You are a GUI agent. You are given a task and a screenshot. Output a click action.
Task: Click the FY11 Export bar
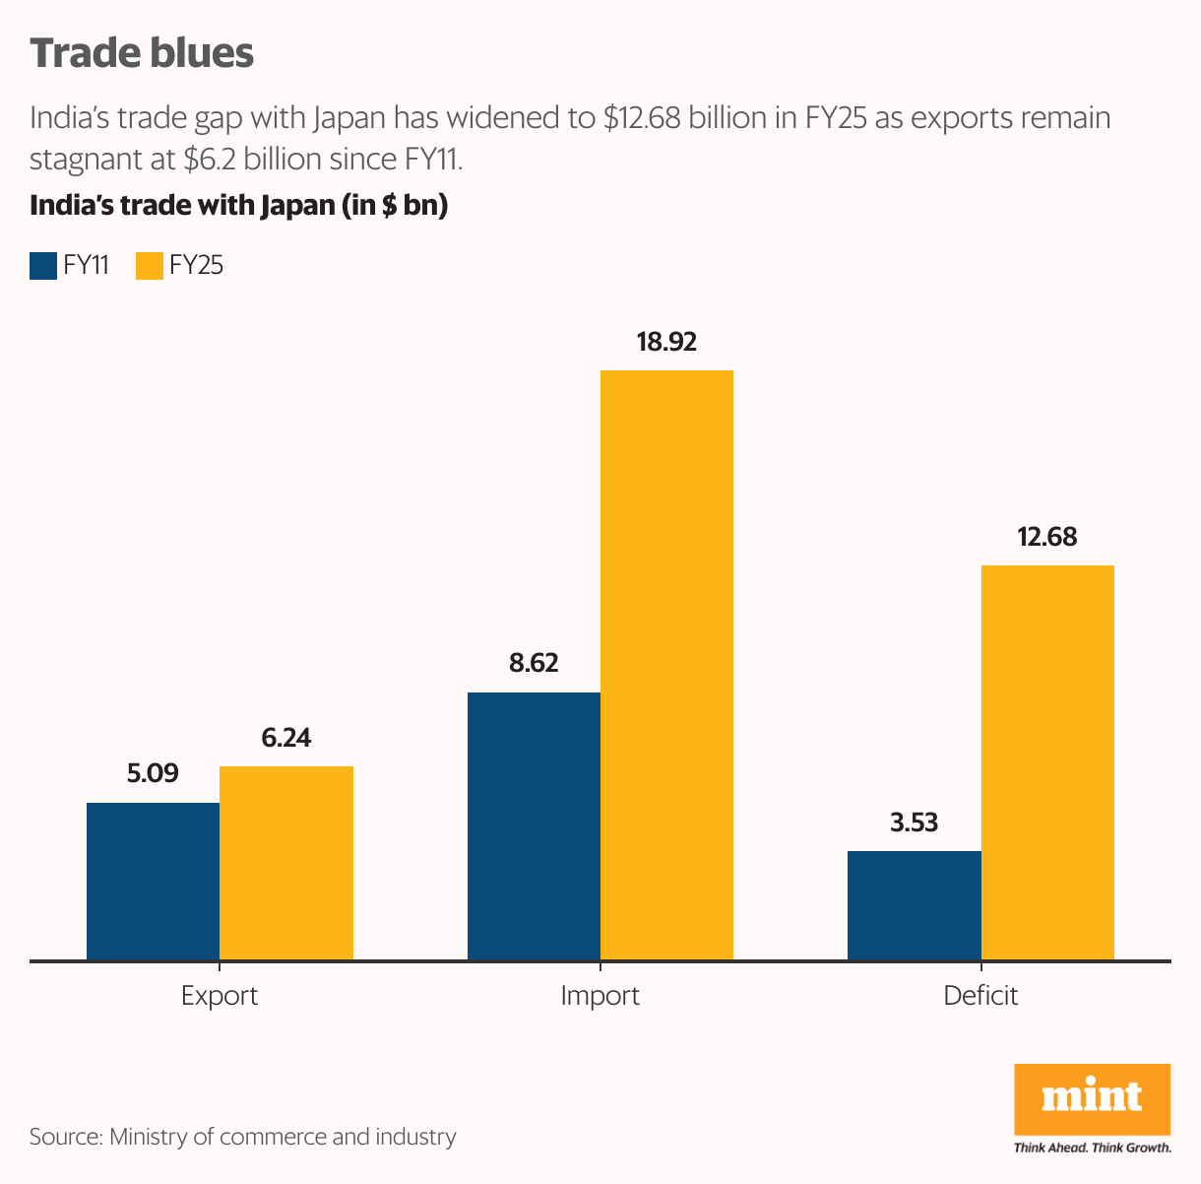coord(153,881)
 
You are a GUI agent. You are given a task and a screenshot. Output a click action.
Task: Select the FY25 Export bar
coord(286,863)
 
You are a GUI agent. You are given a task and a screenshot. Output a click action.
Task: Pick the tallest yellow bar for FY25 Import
coord(666,665)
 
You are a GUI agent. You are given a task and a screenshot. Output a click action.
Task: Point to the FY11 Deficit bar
coord(914,905)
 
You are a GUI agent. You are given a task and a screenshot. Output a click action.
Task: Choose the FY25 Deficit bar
coord(1047,762)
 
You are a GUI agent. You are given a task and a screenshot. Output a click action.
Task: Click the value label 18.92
coord(666,343)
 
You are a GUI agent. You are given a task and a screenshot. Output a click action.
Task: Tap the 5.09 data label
coord(153,774)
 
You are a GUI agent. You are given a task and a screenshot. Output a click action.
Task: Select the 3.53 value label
coord(914,822)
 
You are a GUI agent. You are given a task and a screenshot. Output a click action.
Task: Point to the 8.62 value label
coord(534,664)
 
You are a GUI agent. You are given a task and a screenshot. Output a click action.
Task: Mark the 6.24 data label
coord(286,738)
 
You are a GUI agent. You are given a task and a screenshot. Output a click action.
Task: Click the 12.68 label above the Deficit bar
coord(1047,538)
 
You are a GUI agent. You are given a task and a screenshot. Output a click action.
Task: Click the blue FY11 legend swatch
coord(43,266)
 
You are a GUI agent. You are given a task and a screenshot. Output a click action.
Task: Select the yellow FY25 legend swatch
coord(149,266)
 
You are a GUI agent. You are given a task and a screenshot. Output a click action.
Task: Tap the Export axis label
coord(220,996)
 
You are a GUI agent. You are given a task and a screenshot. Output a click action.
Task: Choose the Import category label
coord(600,996)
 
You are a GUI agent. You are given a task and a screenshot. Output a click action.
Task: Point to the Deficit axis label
coord(980,996)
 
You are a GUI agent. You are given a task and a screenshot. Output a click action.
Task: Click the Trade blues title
coord(142,53)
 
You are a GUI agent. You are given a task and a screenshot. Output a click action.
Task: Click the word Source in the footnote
coord(64,1137)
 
